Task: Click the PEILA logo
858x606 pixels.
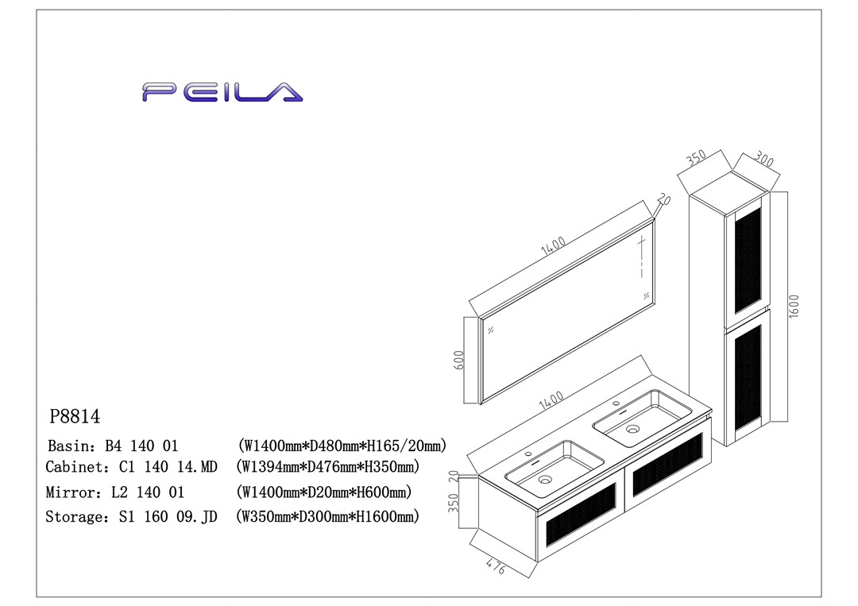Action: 222,92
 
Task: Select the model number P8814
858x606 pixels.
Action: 75,416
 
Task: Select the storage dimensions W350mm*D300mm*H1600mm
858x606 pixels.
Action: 328,517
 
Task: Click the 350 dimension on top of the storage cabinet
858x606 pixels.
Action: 696,156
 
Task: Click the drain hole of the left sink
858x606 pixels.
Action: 545,480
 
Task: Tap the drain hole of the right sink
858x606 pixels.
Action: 632,429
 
